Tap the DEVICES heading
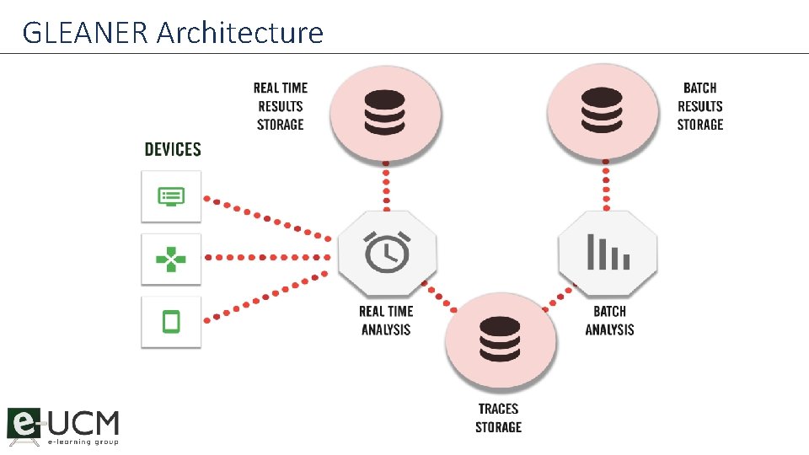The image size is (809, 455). (x=173, y=150)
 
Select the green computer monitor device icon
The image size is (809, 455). (x=171, y=197)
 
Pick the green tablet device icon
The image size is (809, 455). (x=171, y=321)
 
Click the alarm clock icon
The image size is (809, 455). (x=387, y=252)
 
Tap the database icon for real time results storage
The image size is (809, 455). (x=386, y=111)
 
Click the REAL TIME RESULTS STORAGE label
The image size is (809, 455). (x=281, y=106)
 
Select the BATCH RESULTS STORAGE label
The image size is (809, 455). (x=700, y=106)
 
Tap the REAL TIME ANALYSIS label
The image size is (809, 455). (x=386, y=320)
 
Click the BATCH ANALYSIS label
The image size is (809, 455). (x=609, y=320)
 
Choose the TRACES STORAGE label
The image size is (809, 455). (x=498, y=418)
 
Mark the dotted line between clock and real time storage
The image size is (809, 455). (x=386, y=189)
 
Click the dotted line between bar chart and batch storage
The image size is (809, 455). (x=605, y=189)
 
